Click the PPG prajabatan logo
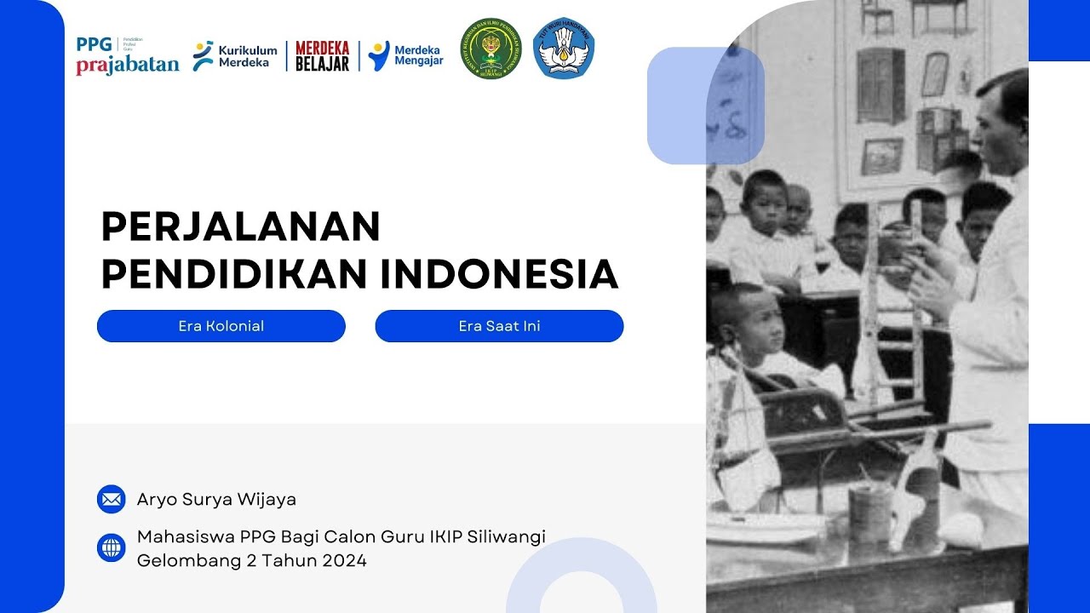pyautogui.click(x=127, y=55)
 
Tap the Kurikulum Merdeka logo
pyautogui.click(x=235, y=55)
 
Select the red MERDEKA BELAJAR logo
pyautogui.click(x=322, y=55)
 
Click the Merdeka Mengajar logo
pyautogui.click(x=406, y=55)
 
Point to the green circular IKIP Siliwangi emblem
pyautogui.click(x=491, y=49)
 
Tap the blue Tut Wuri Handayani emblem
pyautogui.click(x=564, y=49)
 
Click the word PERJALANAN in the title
pyautogui.click(x=241, y=227)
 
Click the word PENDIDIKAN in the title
pyautogui.click(x=234, y=274)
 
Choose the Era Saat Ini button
pyautogui.click(x=499, y=326)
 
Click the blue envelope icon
pyautogui.click(x=112, y=499)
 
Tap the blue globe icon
pyautogui.click(x=112, y=547)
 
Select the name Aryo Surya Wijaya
pyautogui.click(x=216, y=500)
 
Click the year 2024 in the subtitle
pyautogui.click(x=344, y=561)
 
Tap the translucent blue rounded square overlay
pyautogui.click(x=705, y=106)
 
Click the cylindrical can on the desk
pyautogui.click(x=870, y=511)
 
